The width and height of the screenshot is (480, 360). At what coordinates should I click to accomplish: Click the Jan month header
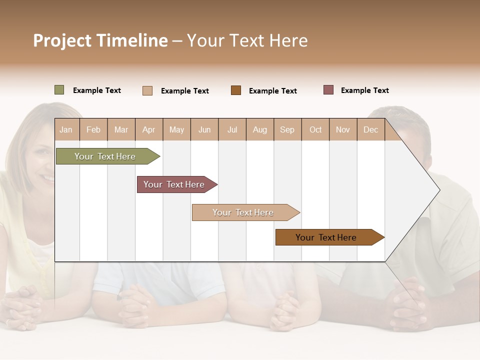point(66,129)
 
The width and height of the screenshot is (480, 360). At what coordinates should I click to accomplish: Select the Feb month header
point(93,129)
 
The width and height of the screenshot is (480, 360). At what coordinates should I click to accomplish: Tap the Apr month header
point(149,129)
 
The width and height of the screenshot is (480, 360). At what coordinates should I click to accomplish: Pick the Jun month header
point(204,129)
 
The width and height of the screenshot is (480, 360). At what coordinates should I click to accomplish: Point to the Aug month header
point(260,129)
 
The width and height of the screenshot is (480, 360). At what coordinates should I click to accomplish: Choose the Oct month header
point(315,129)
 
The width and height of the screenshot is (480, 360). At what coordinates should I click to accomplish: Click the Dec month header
point(370,129)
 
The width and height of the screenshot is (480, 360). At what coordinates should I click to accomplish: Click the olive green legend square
point(59,90)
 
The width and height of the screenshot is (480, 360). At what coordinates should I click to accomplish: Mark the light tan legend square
point(147,90)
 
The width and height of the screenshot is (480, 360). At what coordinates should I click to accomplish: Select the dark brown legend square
point(236,90)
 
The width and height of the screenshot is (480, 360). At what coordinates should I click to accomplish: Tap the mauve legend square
point(328,90)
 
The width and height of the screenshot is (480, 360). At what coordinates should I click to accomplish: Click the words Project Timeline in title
point(100,40)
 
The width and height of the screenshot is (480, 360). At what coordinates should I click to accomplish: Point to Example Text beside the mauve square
point(364,90)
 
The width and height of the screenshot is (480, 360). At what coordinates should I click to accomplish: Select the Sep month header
point(287,129)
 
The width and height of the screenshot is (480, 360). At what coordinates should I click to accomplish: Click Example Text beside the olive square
point(96,90)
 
